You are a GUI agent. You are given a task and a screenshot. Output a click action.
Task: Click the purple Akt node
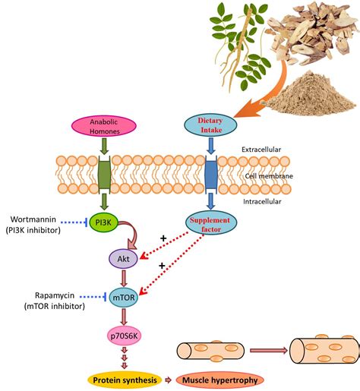pyautogui.click(x=122, y=259)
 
